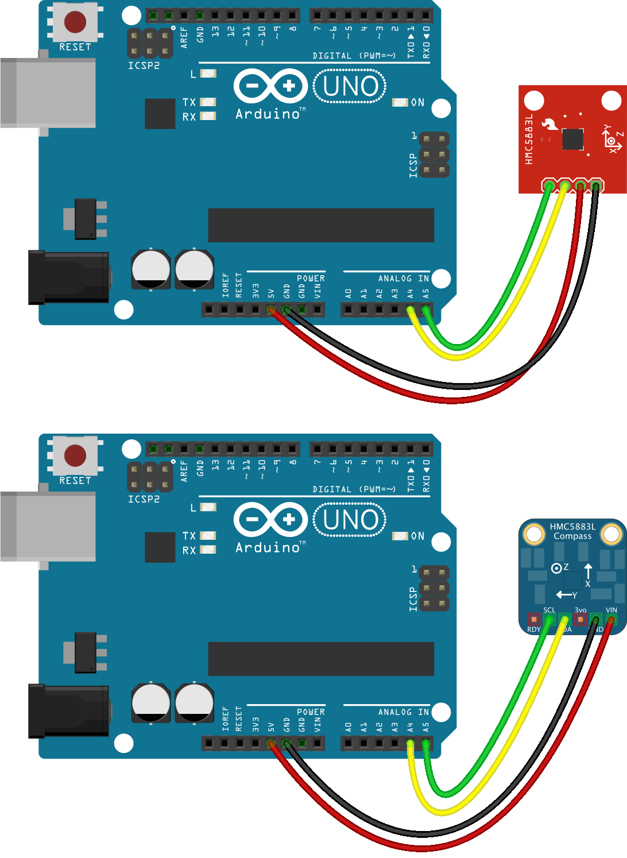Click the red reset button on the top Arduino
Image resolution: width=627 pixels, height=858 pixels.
click(75, 22)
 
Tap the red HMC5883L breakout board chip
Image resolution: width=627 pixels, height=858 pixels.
click(572, 139)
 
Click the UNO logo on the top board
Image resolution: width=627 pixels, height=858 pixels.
click(350, 87)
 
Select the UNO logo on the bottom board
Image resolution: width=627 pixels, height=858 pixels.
click(350, 520)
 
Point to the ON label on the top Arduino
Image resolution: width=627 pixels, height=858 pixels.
click(417, 103)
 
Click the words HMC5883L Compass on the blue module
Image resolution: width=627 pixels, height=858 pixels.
click(572, 531)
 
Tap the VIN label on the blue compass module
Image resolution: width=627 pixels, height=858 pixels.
click(611, 610)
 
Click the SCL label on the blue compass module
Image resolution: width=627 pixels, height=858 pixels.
click(549, 610)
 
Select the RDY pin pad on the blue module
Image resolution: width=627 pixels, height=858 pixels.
click(534, 620)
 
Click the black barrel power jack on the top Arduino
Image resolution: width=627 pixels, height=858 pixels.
click(69, 277)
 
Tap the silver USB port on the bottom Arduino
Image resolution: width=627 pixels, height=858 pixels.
click(48, 526)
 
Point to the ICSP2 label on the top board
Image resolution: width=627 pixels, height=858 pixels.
click(144, 66)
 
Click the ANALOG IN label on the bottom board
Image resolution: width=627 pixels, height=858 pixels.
click(403, 712)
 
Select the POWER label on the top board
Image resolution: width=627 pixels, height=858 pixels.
click(311, 279)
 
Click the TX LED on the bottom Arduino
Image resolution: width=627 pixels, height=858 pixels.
click(208, 536)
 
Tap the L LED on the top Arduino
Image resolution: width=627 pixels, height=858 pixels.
click(208, 74)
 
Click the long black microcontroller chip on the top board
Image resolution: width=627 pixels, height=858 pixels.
click(320, 225)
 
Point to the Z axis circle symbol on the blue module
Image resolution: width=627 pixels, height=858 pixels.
click(556, 569)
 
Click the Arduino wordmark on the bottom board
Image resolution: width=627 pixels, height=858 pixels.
click(268, 548)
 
